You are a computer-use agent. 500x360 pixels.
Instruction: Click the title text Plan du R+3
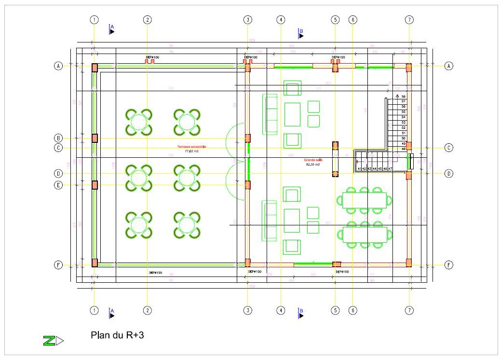point(117,335)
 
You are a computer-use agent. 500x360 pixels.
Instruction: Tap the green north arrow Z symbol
point(49,341)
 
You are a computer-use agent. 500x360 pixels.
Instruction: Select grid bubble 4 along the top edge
point(281,20)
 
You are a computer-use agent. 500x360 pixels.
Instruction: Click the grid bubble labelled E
point(58,185)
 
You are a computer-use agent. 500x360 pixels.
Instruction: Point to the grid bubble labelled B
point(58,138)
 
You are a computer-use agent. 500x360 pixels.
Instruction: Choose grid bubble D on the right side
point(448,173)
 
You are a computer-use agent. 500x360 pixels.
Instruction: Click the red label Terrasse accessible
point(192,146)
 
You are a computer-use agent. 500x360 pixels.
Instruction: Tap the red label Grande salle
point(313,160)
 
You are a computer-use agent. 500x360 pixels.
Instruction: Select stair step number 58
point(403,97)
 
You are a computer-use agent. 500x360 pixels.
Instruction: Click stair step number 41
point(359,168)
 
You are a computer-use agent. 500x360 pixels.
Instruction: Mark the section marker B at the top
point(301,33)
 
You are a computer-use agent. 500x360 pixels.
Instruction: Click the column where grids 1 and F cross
point(95,263)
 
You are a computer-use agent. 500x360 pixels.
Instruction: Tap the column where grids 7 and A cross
point(408,68)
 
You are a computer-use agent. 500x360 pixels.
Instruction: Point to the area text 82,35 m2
point(313,165)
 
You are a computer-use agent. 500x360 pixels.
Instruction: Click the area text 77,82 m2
point(192,151)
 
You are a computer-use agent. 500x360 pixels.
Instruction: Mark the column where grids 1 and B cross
point(95,138)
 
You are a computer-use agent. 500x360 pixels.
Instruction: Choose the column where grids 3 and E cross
point(247,185)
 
